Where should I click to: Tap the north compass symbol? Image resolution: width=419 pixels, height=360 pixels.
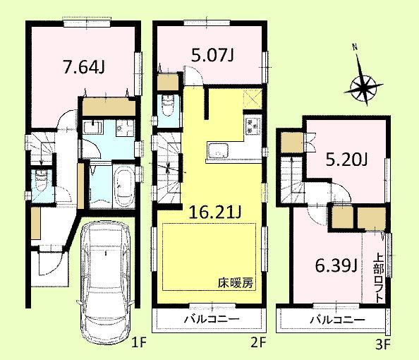pyautogui.click(x=364, y=88)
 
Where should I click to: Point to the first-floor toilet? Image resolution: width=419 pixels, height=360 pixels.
pyautogui.click(x=42, y=181)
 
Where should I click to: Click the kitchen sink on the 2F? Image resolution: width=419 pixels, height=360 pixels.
pyautogui.click(x=216, y=151)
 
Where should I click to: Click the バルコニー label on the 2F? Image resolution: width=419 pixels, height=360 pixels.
pyautogui.click(x=212, y=320)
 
